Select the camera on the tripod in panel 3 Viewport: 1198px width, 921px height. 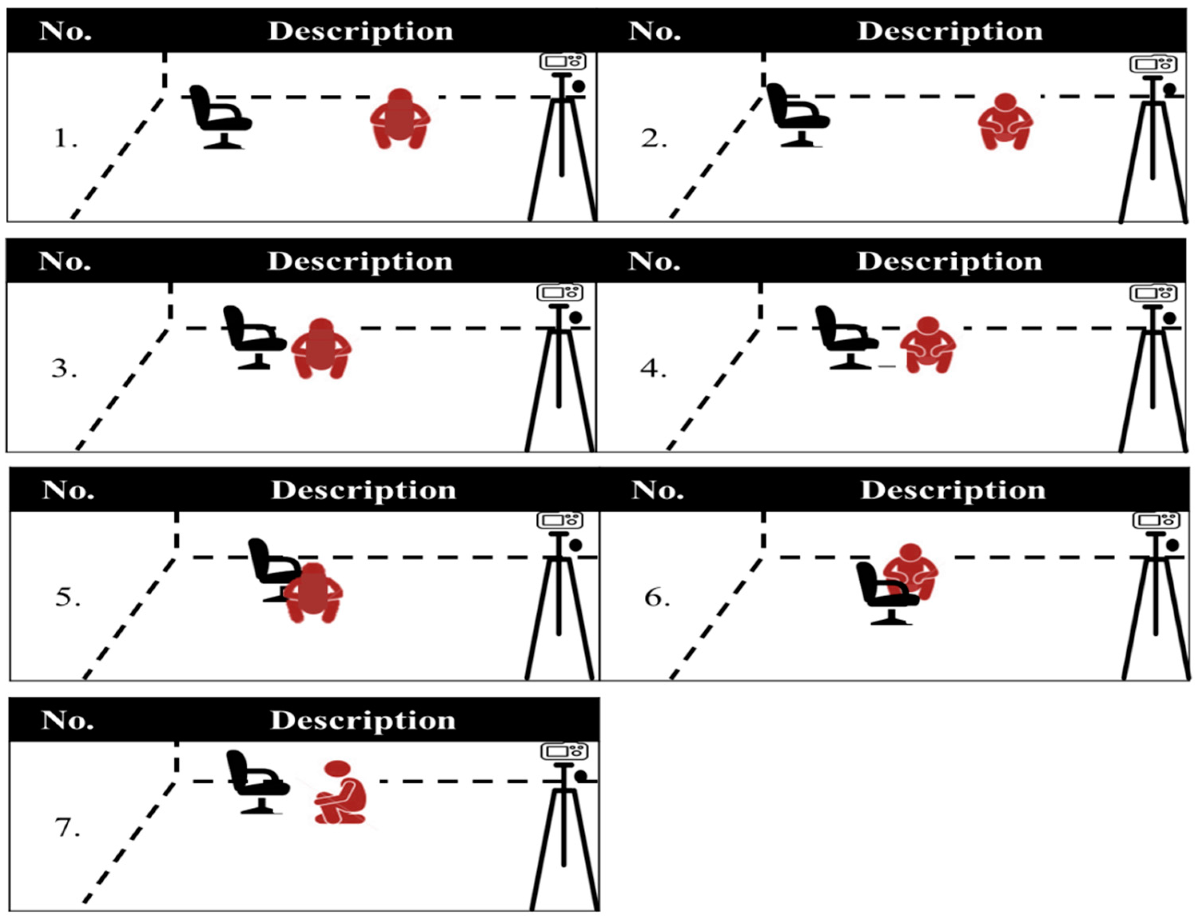pyautogui.click(x=559, y=293)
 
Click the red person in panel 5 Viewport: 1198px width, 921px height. pyautogui.click(x=313, y=593)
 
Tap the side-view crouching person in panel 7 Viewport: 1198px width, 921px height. pyautogui.click(x=340, y=792)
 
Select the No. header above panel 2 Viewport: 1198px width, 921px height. pyautogui.click(x=655, y=31)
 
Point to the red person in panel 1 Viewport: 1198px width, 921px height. pyautogui.click(x=400, y=118)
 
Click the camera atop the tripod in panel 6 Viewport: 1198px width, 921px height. pyautogui.click(x=1155, y=521)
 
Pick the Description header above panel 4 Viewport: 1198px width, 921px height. pyautogui.click(x=950, y=262)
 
